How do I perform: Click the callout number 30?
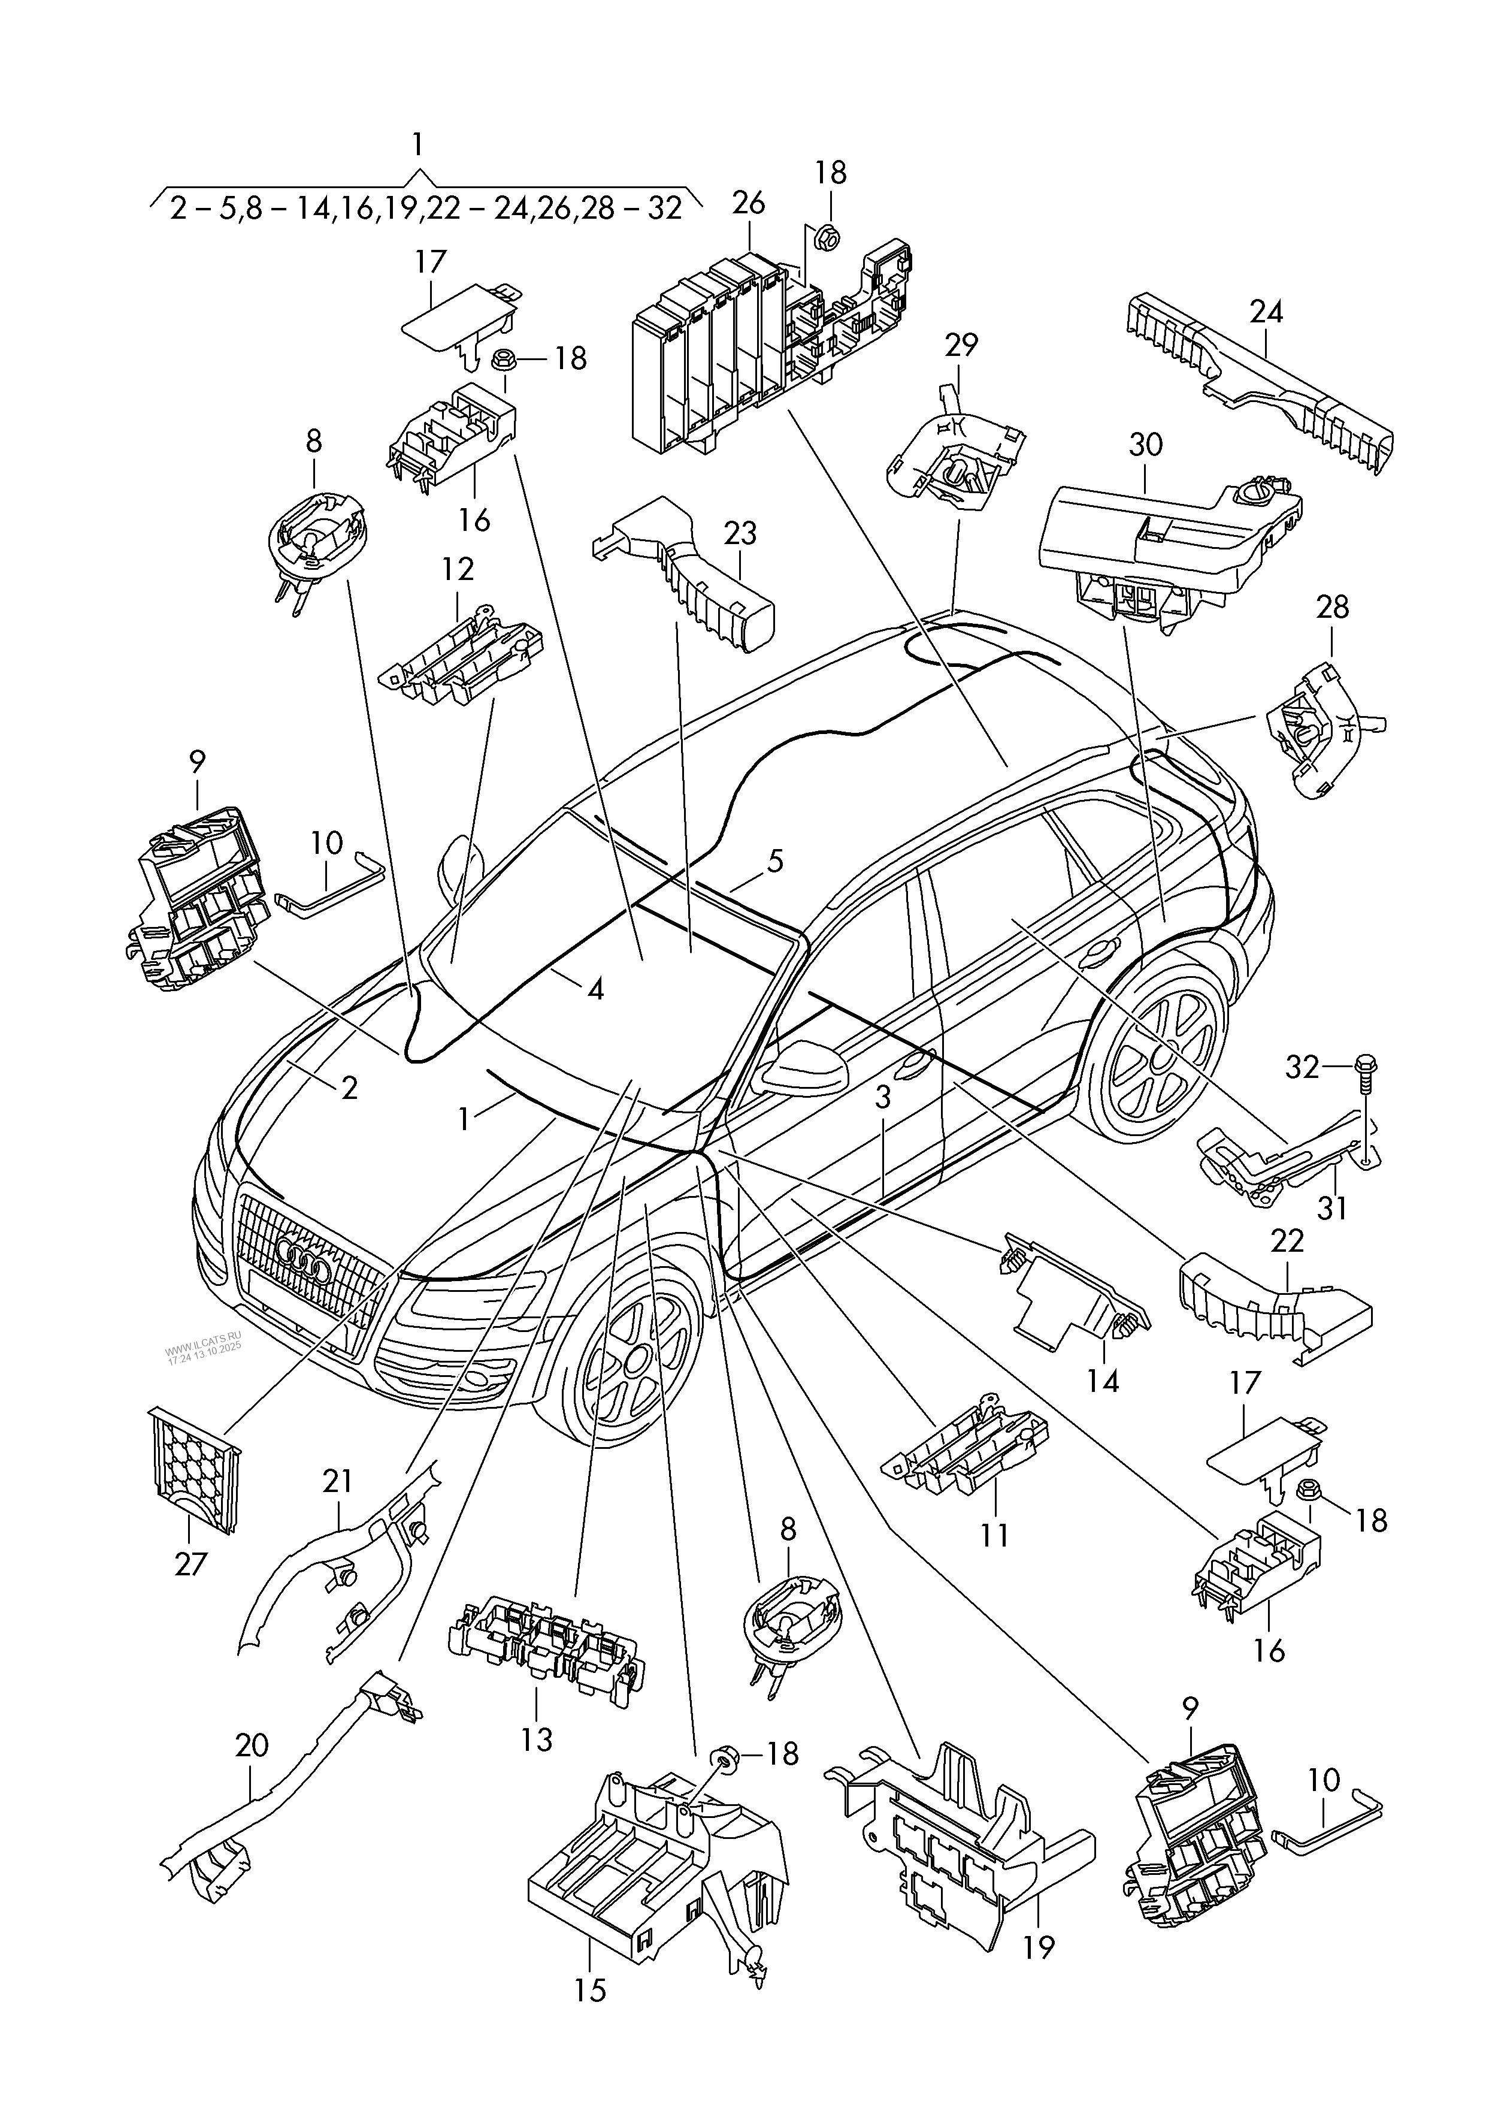coord(1145,445)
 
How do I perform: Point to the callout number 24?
coord(1265,313)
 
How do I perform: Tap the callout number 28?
coord(1332,607)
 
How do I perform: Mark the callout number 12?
coord(457,569)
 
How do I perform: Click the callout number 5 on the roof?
coord(775,862)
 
